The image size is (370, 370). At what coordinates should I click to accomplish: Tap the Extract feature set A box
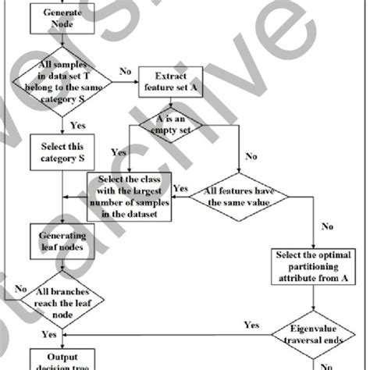coord(171,84)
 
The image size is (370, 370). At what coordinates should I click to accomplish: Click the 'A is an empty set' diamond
coord(170,125)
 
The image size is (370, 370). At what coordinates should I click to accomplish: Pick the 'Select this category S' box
coord(61,152)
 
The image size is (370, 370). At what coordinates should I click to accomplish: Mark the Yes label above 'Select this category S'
coord(78,123)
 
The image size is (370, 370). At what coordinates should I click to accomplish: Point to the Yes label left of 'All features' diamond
coord(180,188)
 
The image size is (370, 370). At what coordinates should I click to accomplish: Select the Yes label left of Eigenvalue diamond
coord(252,324)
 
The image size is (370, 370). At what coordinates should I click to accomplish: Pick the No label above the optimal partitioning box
coord(325,229)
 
